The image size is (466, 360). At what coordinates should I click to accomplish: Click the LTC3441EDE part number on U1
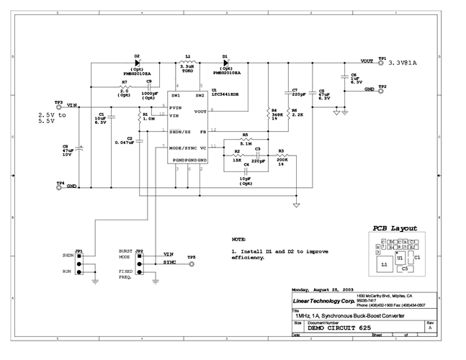(224, 95)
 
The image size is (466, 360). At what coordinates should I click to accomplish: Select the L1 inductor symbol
(189, 63)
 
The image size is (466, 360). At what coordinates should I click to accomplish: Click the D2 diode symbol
(137, 63)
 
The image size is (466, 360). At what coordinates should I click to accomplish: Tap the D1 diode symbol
(224, 63)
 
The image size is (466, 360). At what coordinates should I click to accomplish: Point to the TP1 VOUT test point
(382, 63)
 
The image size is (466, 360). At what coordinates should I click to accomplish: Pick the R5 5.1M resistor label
(245, 139)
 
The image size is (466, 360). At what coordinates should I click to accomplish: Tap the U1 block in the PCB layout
(399, 256)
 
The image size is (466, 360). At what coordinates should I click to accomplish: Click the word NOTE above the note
(238, 238)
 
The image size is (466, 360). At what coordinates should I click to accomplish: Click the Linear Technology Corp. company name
(320, 299)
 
